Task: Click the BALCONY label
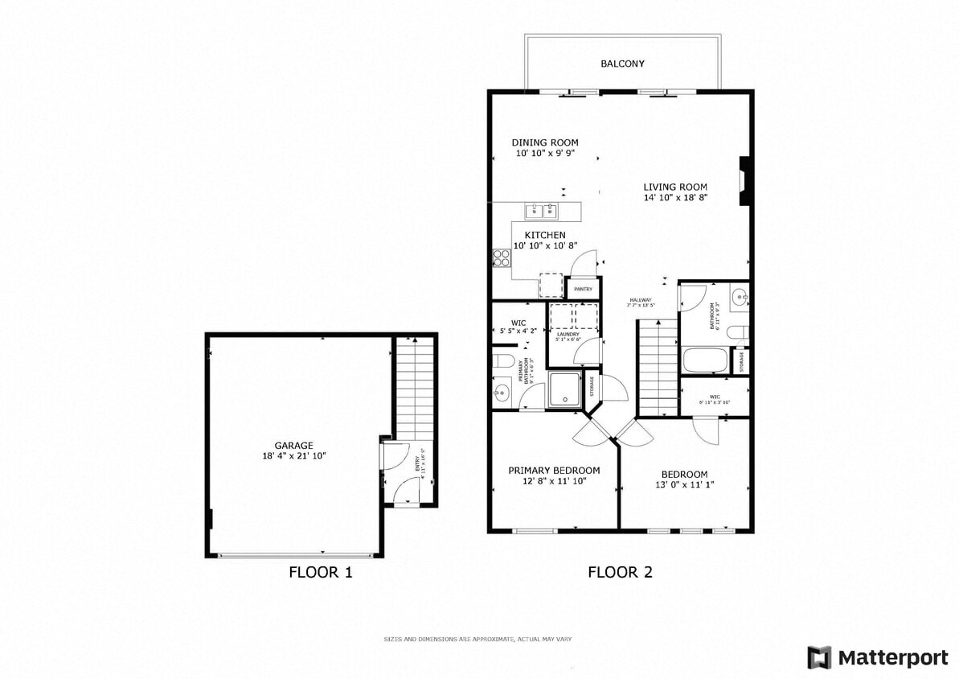(x=622, y=64)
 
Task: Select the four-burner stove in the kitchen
(x=502, y=258)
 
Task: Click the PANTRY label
(x=583, y=289)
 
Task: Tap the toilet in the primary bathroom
(x=503, y=360)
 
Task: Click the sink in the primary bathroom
(x=502, y=393)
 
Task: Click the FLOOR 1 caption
(x=320, y=573)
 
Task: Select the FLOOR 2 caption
(x=620, y=573)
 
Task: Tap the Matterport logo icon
(x=819, y=657)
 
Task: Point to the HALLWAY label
(x=641, y=300)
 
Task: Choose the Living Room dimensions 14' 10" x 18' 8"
(x=674, y=198)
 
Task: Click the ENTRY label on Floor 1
(x=417, y=464)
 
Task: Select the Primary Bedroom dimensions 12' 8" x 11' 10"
(x=554, y=481)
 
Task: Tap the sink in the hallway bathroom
(x=740, y=298)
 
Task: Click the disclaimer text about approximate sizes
(x=477, y=639)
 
